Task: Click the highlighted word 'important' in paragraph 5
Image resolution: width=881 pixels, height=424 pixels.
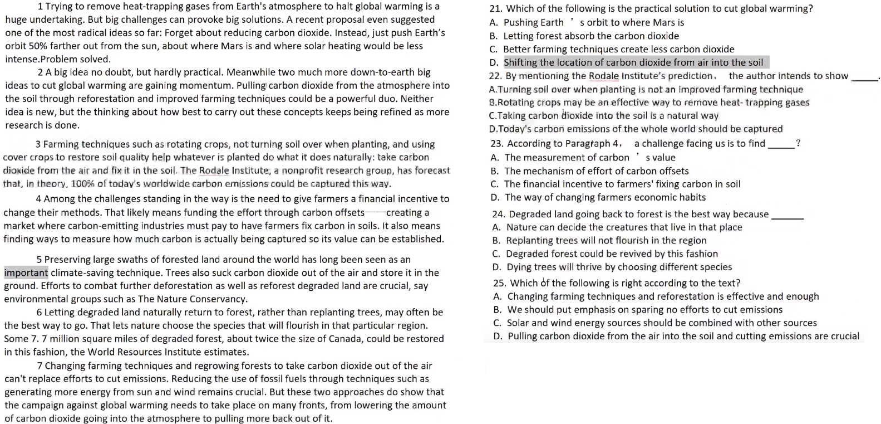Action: pyautogui.click(x=26, y=272)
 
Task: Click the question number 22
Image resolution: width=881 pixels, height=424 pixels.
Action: pyautogui.click(x=495, y=76)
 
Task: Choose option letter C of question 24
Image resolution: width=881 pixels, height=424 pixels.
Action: pyautogui.click(x=496, y=254)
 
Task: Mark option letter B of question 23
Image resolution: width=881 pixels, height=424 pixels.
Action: pyautogui.click(x=495, y=171)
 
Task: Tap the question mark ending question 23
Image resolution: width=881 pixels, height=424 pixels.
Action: pyautogui.click(x=799, y=144)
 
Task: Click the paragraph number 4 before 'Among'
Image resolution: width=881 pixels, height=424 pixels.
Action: pyautogui.click(x=38, y=199)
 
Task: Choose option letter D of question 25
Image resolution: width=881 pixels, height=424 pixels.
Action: pyautogui.click(x=498, y=336)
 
